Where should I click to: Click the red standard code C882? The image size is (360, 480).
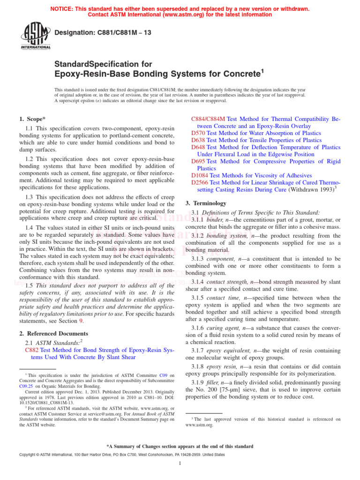point(31,350)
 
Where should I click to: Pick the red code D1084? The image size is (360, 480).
point(200,175)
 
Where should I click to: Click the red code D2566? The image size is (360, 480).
point(200,182)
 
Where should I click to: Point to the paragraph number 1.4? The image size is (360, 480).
point(30,227)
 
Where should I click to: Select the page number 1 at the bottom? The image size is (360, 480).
point(180,463)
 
